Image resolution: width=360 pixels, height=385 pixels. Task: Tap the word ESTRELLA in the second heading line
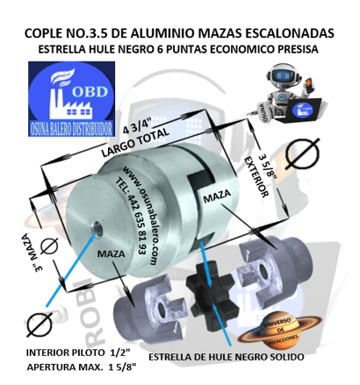pos(67,50)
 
